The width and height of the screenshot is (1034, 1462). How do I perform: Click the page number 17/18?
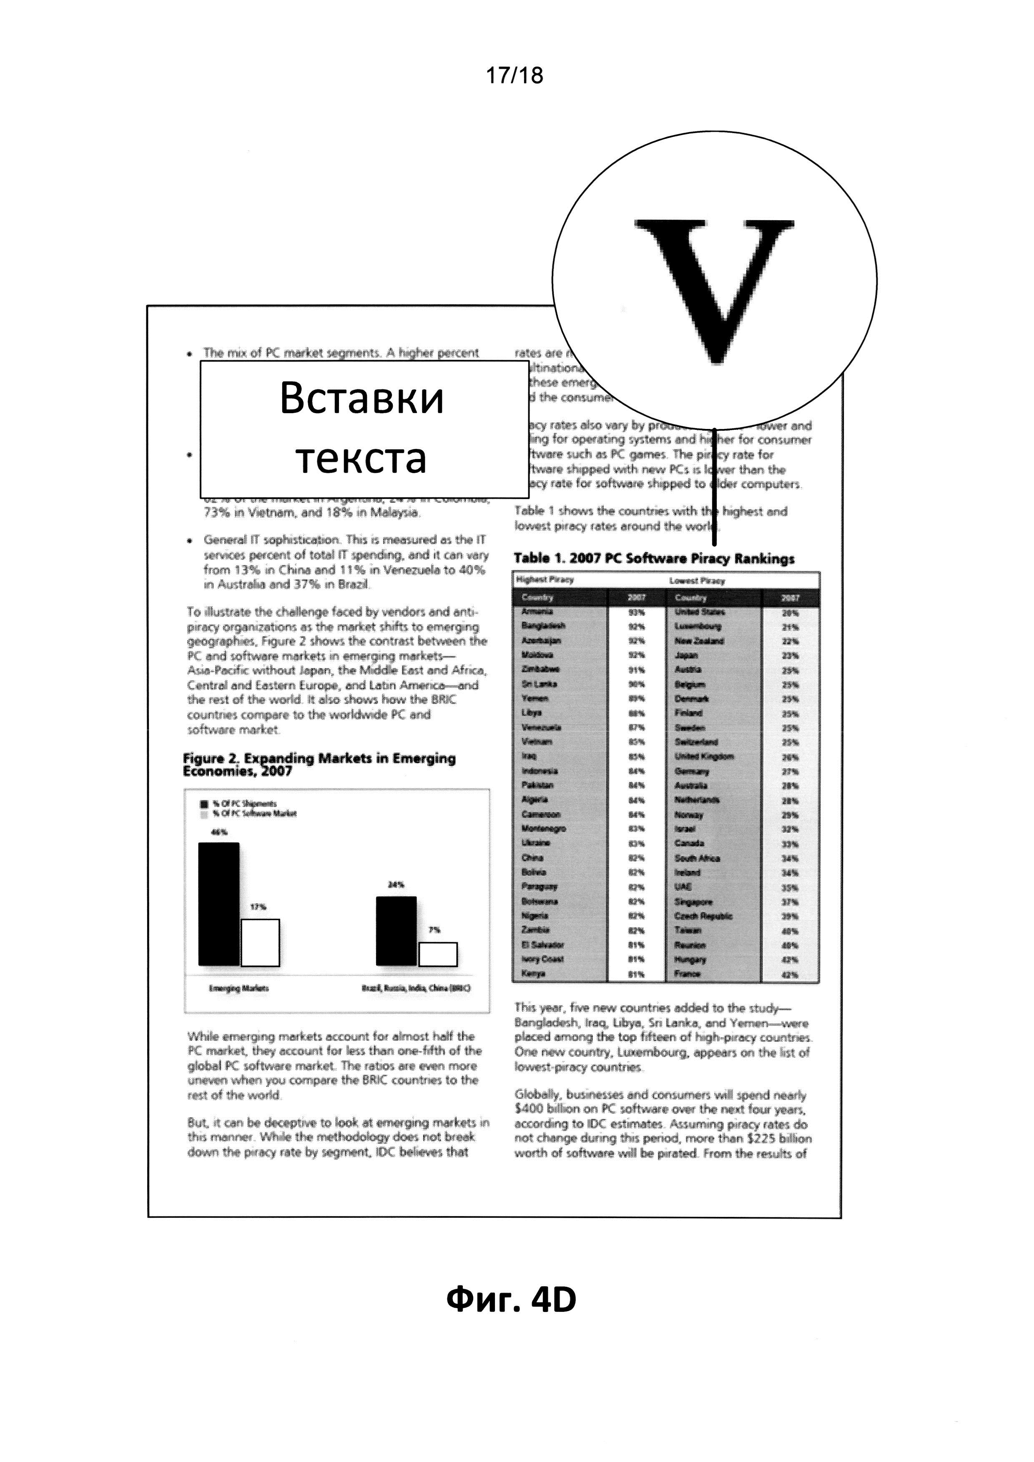(514, 76)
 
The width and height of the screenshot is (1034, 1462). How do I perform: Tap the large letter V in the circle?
(714, 286)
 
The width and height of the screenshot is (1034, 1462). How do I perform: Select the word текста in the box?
(361, 457)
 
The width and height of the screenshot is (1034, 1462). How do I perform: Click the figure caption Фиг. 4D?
(511, 1300)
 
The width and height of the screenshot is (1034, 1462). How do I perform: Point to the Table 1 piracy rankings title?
(654, 559)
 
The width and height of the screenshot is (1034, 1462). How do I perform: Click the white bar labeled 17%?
(260, 943)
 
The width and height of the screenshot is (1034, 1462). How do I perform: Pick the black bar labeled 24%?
(396, 931)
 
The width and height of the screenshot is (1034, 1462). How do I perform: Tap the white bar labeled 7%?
(437, 954)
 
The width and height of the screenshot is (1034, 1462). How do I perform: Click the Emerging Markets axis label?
(239, 988)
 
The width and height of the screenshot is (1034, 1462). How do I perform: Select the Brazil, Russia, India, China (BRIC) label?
(416, 988)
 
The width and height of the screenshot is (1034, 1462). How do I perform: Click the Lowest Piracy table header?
(697, 581)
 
